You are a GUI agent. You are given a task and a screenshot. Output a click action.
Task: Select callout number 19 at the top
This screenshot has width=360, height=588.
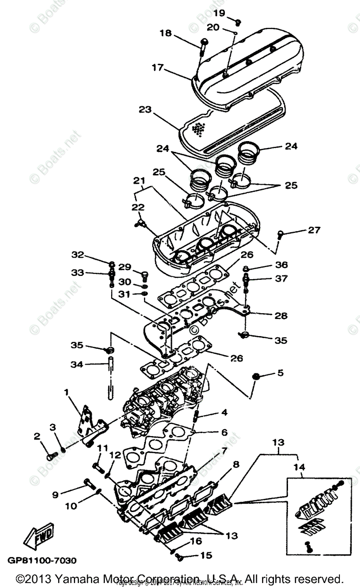point(219,12)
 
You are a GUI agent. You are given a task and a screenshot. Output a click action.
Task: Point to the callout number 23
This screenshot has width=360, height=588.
point(145,111)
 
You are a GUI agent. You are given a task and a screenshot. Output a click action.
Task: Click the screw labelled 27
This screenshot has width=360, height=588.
point(281,234)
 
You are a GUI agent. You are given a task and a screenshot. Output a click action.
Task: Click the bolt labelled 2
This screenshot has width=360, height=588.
point(51,455)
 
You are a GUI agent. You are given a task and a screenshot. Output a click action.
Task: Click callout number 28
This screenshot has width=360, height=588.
point(281,316)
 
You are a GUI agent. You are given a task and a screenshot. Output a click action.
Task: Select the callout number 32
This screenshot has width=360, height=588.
point(78,255)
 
